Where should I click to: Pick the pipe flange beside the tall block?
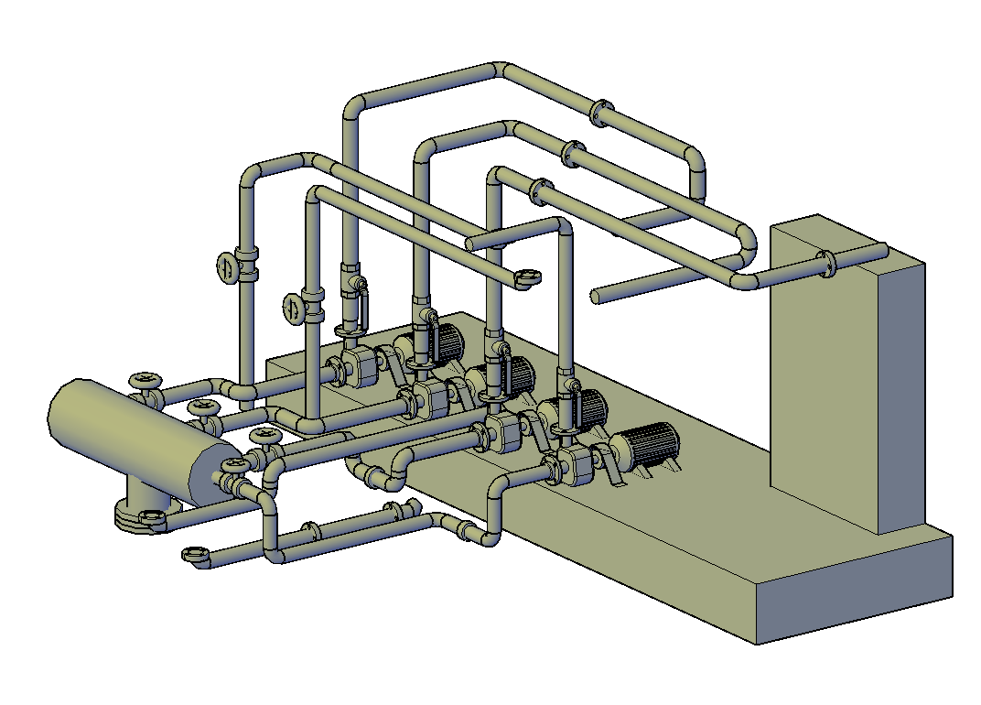pos(827,263)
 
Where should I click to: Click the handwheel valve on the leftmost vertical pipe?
pos(226,267)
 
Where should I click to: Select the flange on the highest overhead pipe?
pos(600,112)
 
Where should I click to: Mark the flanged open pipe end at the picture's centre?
pos(527,277)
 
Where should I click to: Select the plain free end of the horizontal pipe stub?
pos(596,297)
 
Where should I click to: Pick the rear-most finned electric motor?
pos(447,342)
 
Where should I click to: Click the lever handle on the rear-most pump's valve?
pos(362,304)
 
